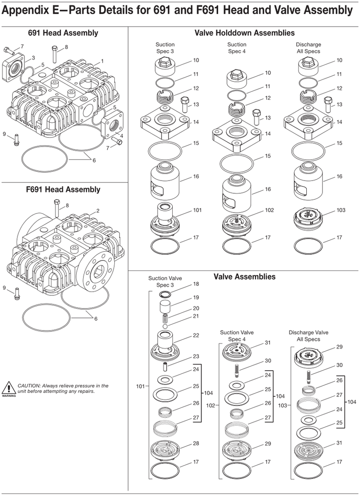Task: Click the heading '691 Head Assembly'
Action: (x=63, y=33)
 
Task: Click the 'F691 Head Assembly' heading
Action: (x=63, y=189)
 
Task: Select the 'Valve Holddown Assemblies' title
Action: (x=244, y=33)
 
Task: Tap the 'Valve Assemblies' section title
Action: (x=244, y=276)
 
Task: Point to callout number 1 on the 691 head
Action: (x=102, y=61)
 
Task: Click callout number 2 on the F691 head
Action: (x=97, y=211)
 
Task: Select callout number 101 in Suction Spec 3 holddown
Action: (x=197, y=210)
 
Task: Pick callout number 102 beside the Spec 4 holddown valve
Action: (x=269, y=210)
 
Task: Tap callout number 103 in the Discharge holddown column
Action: (x=341, y=210)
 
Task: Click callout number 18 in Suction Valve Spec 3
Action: (x=196, y=284)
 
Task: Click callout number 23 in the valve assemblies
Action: (x=196, y=357)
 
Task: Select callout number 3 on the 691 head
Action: (x=33, y=58)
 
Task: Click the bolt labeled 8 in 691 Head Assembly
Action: (x=55, y=56)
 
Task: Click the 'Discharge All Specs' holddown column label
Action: (x=308, y=48)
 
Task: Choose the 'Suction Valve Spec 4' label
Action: (x=236, y=336)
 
